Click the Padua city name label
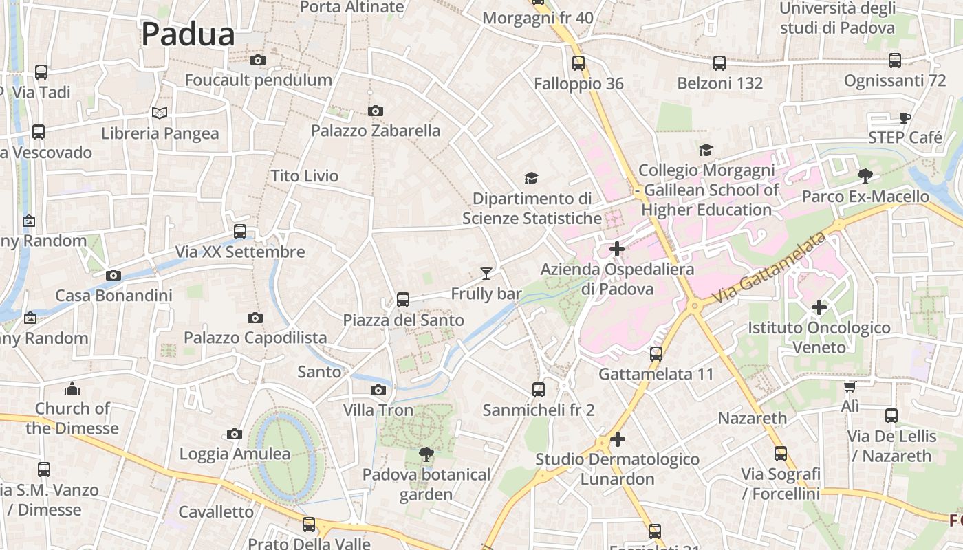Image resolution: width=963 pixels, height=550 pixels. (188, 34)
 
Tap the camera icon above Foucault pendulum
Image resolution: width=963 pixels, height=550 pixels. (258, 60)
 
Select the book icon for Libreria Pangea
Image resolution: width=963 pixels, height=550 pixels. (160, 113)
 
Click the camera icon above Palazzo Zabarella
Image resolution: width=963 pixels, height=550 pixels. (376, 111)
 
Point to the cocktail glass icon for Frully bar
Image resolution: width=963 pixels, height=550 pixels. (486, 274)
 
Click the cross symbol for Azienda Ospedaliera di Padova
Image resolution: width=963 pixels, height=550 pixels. (617, 249)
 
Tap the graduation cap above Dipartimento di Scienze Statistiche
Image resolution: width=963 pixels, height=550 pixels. (531, 179)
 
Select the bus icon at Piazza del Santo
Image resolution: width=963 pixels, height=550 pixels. (403, 300)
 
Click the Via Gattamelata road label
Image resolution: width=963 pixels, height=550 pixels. (769, 269)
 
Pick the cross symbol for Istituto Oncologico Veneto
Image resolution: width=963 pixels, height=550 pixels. (819, 307)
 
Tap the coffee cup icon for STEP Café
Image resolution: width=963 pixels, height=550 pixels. (905, 118)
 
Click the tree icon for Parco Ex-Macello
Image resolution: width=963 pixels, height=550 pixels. (865, 176)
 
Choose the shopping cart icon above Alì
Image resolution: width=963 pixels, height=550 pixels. (850, 387)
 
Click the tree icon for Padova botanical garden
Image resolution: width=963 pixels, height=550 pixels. (426, 454)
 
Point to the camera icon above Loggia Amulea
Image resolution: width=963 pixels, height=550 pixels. (235, 434)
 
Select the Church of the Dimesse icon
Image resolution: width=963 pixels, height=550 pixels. (72, 389)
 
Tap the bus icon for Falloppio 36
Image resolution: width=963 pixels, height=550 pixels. (578, 63)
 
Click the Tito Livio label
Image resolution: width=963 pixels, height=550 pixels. (305, 176)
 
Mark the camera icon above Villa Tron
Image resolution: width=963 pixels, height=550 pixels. (378, 390)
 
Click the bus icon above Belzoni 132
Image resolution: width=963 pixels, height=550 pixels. (719, 63)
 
